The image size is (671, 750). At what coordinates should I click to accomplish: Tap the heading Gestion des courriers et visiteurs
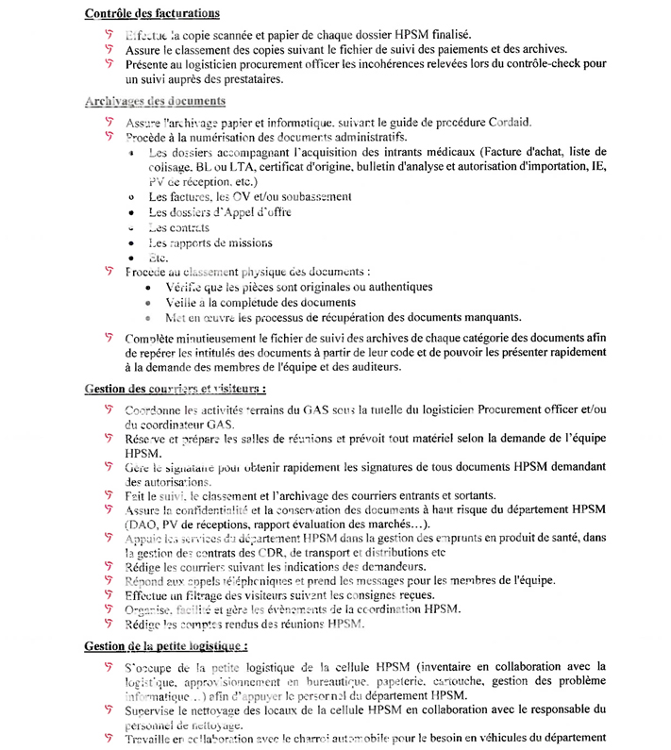(175, 388)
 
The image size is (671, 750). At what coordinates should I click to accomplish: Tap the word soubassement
(310, 196)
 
